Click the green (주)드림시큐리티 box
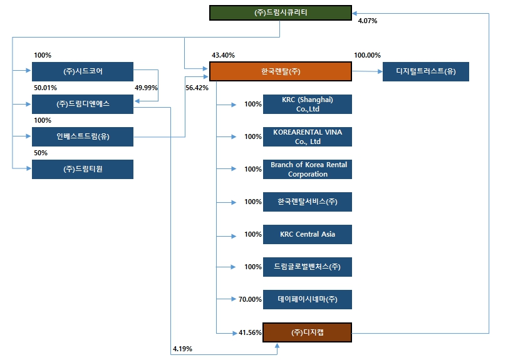[x=281, y=13]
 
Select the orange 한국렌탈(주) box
[x=281, y=71]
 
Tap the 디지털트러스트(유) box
[x=425, y=72]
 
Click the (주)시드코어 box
[x=83, y=71]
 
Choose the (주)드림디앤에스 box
[x=83, y=104]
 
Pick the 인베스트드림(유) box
[x=83, y=136]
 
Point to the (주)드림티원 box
[x=83, y=169]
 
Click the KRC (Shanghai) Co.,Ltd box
[x=308, y=104]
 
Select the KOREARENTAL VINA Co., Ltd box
[x=308, y=136]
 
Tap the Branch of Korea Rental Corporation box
[x=308, y=169]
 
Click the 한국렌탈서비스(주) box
[x=308, y=202]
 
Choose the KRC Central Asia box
[x=308, y=234]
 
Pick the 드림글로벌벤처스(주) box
[x=308, y=267]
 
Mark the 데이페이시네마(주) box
[x=308, y=299]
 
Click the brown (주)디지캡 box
[x=308, y=332]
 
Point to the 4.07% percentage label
[x=367, y=21]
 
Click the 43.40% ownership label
[x=223, y=56]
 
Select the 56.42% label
[x=197, y=88]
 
